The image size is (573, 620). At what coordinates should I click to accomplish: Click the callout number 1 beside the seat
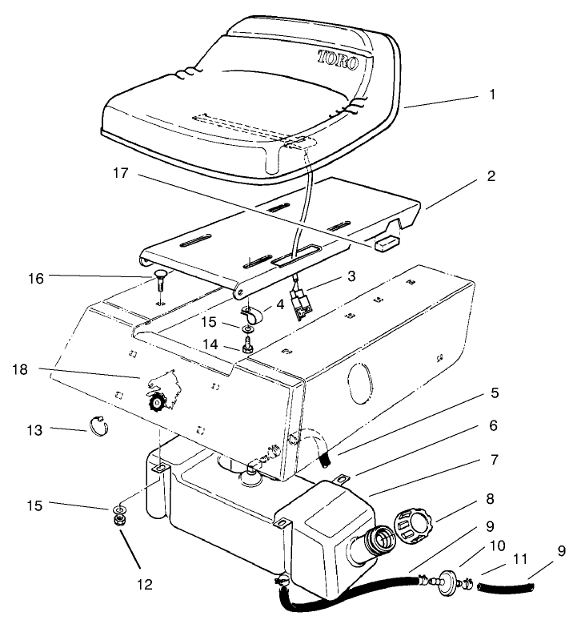point(493,95)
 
